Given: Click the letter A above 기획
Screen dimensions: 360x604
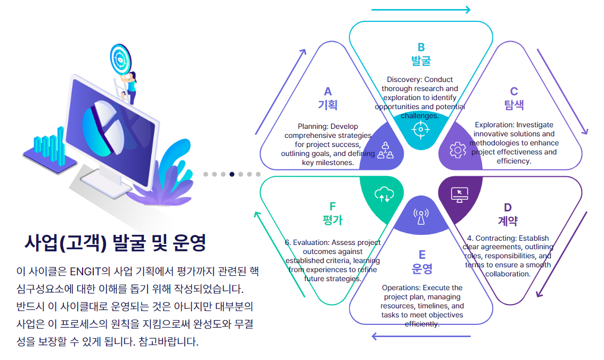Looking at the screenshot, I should tap(328, 92).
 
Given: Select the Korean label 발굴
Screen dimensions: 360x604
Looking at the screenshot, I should tap(421, 60).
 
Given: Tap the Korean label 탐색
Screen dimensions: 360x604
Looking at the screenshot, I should tap(513, 104).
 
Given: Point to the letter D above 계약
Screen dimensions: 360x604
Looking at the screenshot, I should tap(508, 207).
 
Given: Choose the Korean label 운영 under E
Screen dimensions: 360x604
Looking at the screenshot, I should tap(422, 267).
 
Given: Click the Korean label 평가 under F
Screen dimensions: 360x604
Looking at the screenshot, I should tap(332, 220).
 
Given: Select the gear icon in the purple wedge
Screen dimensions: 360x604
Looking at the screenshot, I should tap(458, 150).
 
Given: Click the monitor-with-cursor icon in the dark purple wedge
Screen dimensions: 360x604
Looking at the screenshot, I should tap(459, 194).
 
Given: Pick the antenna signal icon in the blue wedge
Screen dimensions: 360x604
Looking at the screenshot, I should tap(421, 216).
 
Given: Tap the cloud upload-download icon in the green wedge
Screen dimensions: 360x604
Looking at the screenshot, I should tap(383, 195).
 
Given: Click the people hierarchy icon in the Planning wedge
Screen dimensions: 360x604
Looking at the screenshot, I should tap(385, 151).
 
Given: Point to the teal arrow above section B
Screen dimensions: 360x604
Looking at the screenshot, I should tap(421, 10).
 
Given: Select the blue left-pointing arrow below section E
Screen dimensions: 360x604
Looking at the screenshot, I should tap(421, 336).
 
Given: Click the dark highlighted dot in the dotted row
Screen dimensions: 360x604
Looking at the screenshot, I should tap(232, 174).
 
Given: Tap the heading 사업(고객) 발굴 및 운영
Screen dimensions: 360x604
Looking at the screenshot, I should tap(115, 243).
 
